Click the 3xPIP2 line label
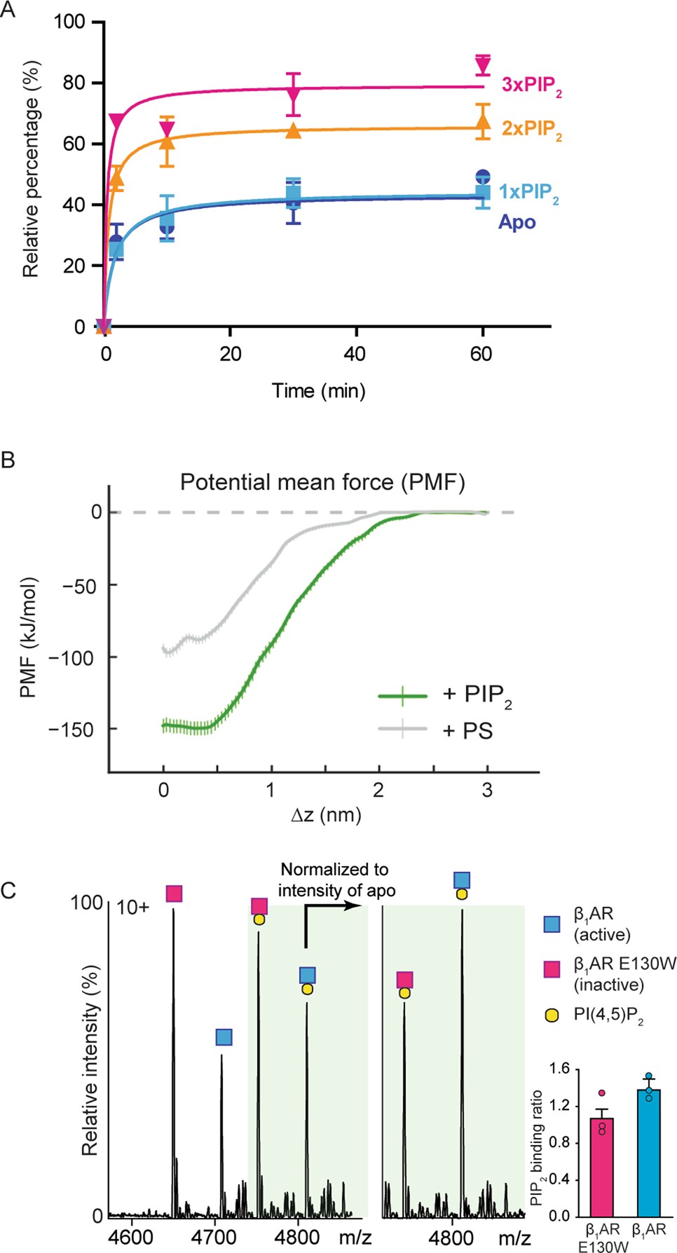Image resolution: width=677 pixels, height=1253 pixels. click(531, 85)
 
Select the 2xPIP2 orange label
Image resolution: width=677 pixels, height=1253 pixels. click(531, 130)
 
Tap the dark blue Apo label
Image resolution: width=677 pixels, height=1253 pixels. click(517, 222)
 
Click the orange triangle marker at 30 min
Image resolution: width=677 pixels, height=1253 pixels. click(294, 131)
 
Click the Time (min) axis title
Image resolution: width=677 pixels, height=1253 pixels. click(319, 390)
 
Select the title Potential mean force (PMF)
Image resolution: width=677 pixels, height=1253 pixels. click(322, 482)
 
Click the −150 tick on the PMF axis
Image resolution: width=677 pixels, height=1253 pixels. click(70, 730)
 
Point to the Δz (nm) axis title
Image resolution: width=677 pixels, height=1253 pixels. click(326, 814)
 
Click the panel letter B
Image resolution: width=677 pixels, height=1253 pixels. click(8, 460)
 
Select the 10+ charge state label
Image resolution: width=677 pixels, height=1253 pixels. click(132, 908)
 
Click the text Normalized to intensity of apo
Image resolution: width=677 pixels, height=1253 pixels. click(336, 879)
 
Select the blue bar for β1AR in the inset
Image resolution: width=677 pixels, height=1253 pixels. click(649, 1152)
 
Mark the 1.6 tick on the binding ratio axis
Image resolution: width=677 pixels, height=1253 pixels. click(559, 1069)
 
